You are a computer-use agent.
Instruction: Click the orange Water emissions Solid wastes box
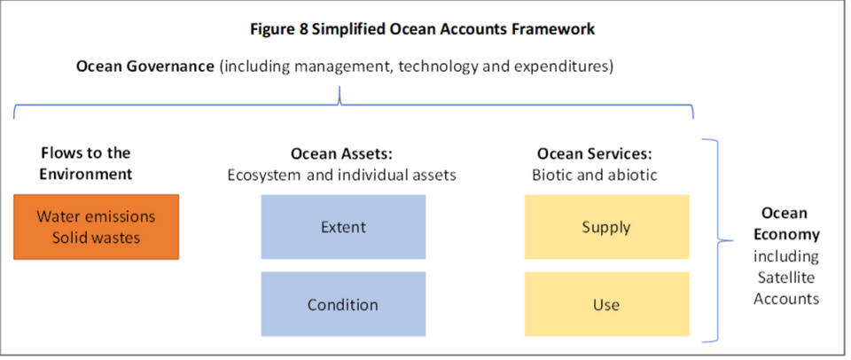click(96, 227)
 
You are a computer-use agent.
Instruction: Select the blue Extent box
click(343, 227)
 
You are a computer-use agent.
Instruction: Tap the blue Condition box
click(343, 305)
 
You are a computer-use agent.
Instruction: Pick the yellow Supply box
click(606, 227)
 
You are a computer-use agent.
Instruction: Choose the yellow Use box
click(606, 305)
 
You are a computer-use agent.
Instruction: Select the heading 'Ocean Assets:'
click(341, 154)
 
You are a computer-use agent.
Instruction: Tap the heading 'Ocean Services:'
click(594, 154)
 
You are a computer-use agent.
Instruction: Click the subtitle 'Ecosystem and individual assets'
click(341, 175)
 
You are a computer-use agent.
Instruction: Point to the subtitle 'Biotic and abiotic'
click(594, 175)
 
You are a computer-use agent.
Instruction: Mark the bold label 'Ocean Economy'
click(785, 224)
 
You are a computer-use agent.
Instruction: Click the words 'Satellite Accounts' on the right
click(785, 288)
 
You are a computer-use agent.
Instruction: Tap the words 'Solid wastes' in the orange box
click(96, 238)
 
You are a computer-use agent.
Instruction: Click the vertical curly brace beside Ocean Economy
click(714, 239)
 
